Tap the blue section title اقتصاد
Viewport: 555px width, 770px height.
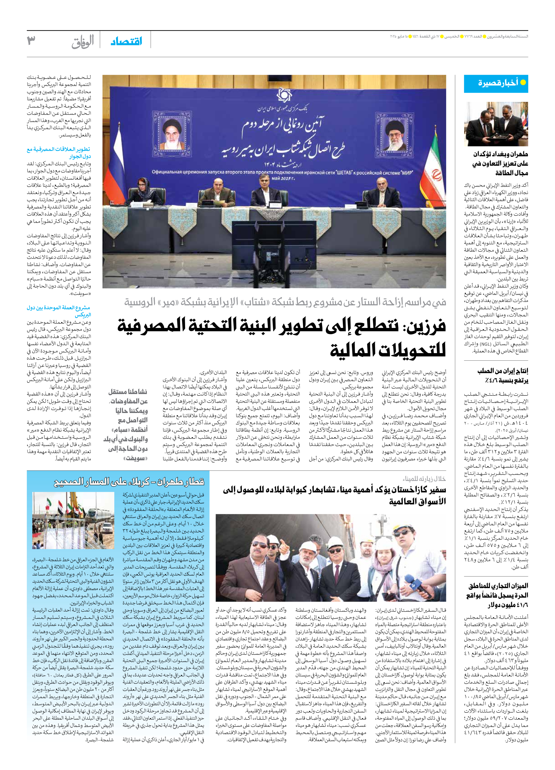(126, 41)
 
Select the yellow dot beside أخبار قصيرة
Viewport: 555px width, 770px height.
(523, 82)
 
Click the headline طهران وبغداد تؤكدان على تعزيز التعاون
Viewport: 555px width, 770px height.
(500, 163)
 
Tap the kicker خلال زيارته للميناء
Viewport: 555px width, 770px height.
(424, 479)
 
